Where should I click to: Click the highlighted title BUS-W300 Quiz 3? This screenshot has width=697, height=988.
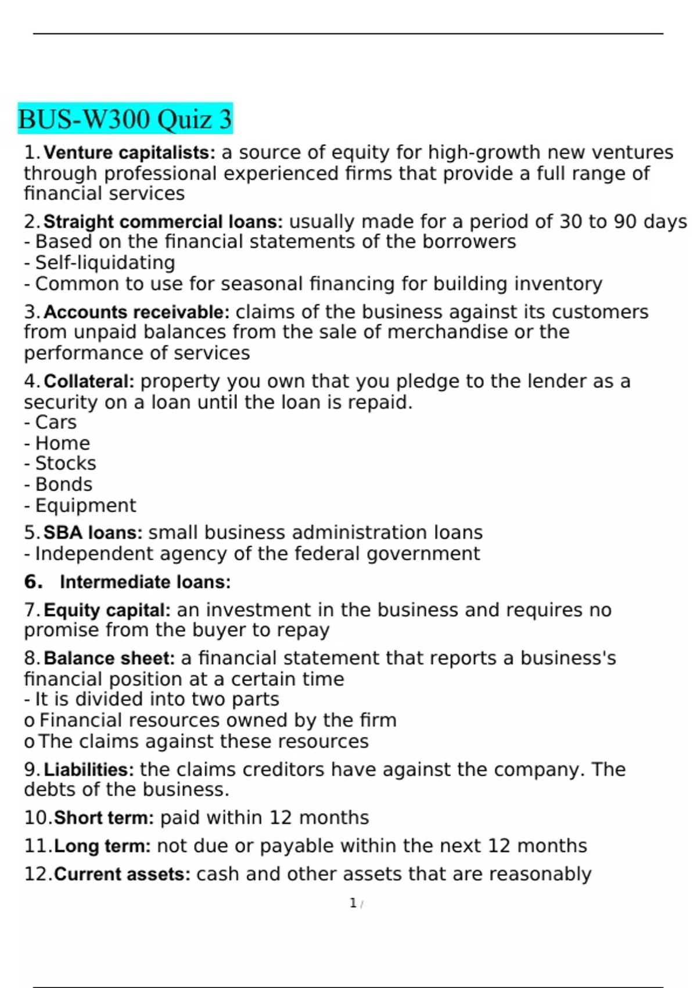125,119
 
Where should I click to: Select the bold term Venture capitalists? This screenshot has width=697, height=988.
129,153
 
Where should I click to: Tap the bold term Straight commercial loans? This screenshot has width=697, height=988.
163,222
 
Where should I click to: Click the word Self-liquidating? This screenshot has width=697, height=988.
105,263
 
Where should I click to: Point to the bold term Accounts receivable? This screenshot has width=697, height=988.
136,312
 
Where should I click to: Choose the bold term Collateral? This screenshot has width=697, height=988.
89,382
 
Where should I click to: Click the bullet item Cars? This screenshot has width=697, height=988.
56,423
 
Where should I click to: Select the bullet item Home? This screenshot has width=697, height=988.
63,443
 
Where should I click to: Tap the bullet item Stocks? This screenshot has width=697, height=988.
66,464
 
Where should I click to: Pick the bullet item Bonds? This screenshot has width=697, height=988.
64,485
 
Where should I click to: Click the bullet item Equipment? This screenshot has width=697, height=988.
85,506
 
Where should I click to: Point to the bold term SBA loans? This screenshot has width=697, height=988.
93,533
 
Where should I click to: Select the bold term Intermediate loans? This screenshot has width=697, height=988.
145,582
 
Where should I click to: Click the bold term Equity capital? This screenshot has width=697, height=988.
107,610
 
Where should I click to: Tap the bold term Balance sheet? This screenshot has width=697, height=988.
109,658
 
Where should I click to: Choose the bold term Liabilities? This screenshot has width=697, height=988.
89,770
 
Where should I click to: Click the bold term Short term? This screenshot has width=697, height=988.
103,818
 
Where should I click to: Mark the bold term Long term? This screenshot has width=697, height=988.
102,846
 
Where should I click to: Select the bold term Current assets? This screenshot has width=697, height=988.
122,875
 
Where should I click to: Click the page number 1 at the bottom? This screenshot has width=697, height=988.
353,903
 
